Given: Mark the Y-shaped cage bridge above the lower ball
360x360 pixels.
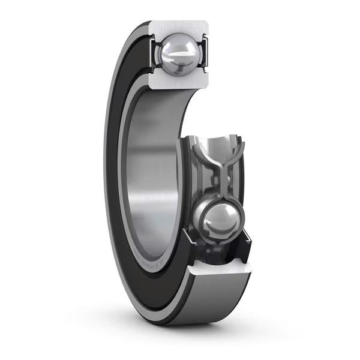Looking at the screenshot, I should [x=223, y=174].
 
